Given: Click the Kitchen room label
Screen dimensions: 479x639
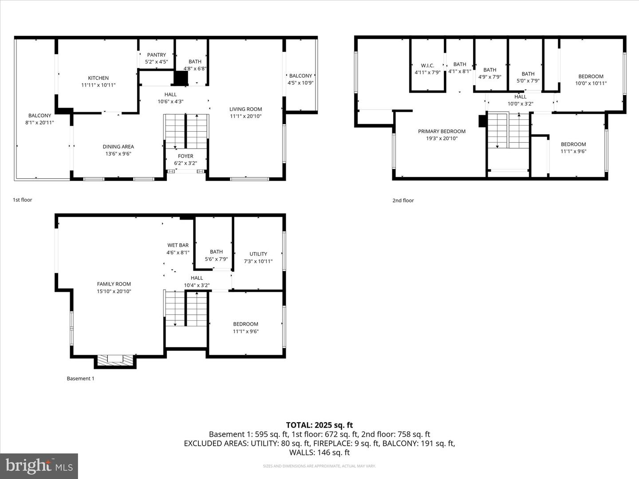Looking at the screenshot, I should pyautogui.click(x=98, y=78).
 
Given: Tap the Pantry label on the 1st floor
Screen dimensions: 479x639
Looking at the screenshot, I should pyautogui.click(x=157, y=55).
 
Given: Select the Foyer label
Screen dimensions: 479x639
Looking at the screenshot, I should pyautogui.click(x=185, y=156).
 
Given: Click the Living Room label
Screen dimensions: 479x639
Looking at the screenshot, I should pyautogui.click(x=245, y=109).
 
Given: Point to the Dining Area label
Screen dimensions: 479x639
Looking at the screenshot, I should pyautogui.click(x=118, y=147).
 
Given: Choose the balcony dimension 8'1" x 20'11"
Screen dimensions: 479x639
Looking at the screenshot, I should pyautogui.click(x=39, y=123).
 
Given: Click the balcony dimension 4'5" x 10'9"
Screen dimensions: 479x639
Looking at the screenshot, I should pyautogui.click(x=300, y=83).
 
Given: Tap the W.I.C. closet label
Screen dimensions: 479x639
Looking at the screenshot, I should pyautogui.click(x=427, y=66).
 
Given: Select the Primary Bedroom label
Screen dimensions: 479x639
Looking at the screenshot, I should pyautogui.click(x=442, y=131).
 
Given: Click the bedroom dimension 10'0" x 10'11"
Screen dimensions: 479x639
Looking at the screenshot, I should pyautogui.click(x=591, y=83).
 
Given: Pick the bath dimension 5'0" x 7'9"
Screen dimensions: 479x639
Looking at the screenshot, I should pyautogui.click(x=528, y=81).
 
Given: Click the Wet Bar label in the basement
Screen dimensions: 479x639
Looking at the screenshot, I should pyautogui.click(x=178, y=245).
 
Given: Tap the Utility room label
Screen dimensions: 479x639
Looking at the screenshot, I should pyautogui.click(x=258, y=254).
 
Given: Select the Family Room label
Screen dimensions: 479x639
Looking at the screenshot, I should pyautogui.click(x=114, y=284).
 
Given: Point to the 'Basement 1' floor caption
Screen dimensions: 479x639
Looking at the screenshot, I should pyautogui.click(x=80, y=379).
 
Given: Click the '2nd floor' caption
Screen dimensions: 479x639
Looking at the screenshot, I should pyautogui.click(x=403, y=200).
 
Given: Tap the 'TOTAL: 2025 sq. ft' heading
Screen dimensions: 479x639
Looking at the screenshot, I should pyautogui.click(x=319, y=425).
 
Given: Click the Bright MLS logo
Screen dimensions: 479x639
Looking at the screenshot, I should pyautogui.click(x=39, y=466).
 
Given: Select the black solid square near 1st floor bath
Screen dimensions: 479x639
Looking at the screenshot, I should pyautogui.click(x=181, y=79).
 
